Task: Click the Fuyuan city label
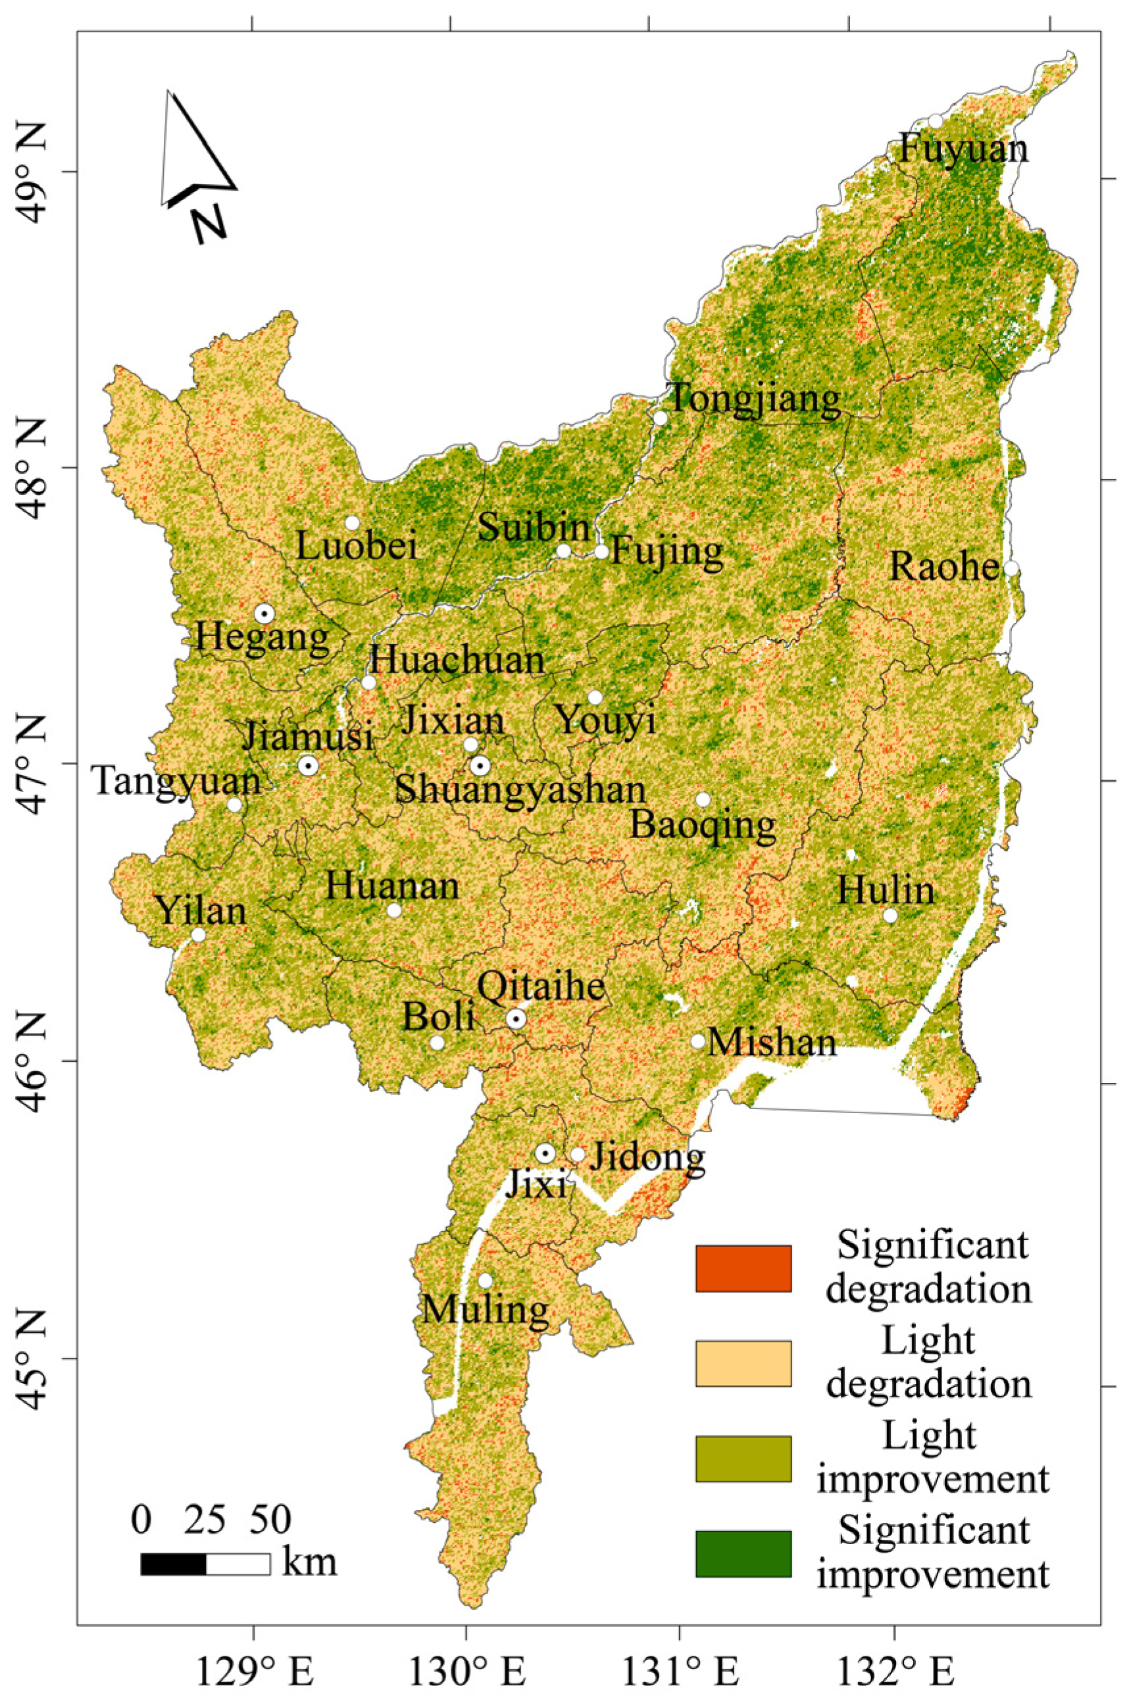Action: pos(964,149)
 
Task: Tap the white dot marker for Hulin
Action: pos(890,916)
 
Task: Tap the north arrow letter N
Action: pos(209,223)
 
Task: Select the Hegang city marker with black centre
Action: pos(264,613)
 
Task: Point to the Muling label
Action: pos(485,1308)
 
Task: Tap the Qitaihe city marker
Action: pos(516,1018)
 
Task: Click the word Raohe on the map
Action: pos(944,567)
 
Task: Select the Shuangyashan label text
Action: pos(520,789)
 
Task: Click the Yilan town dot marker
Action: pos(198,934)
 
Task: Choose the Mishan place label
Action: pos(772,1043)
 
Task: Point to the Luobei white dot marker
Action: pos(352,522)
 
